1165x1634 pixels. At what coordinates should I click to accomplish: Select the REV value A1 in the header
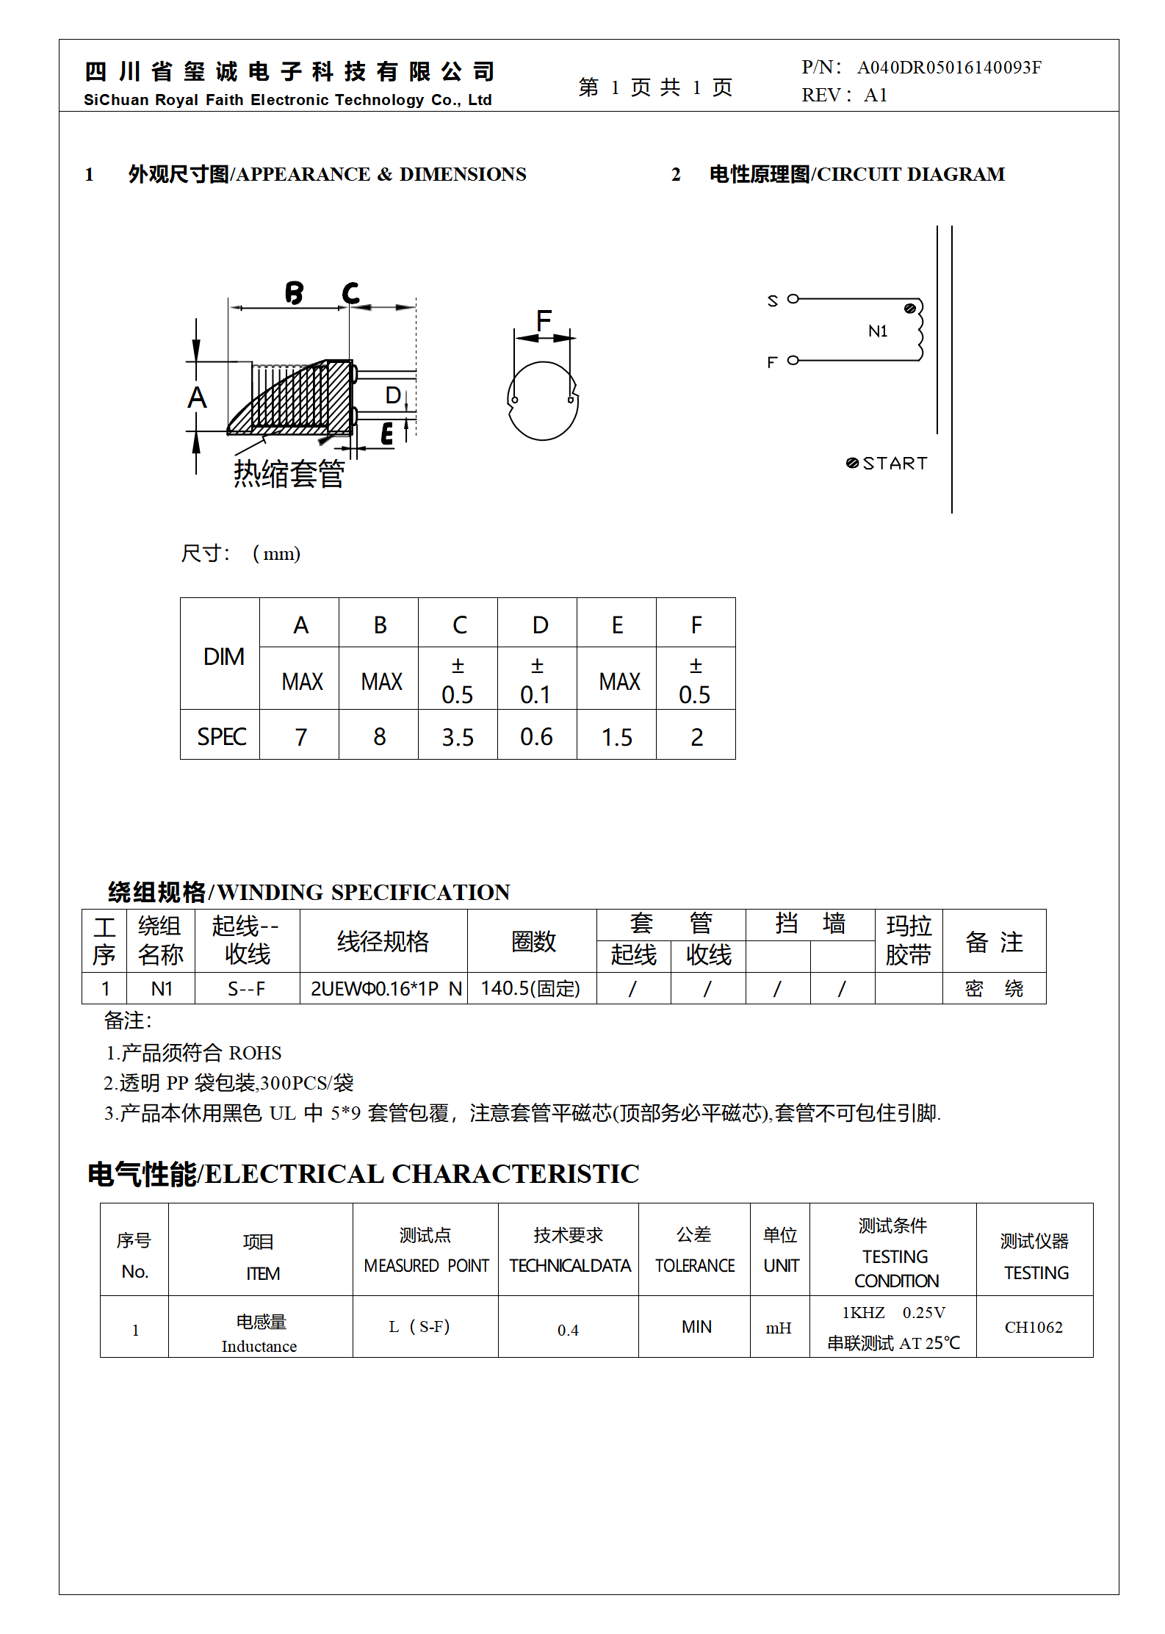point(876,95)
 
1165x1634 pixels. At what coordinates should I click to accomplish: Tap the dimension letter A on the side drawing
point(197,397)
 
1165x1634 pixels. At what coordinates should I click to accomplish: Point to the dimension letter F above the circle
point(544,320)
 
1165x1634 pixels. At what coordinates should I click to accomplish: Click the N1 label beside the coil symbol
point(878,331)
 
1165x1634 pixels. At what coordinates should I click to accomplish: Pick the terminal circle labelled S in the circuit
point(793,299)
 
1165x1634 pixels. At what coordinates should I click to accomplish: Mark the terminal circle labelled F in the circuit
point(793,360)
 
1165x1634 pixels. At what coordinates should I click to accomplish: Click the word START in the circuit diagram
point(895,464)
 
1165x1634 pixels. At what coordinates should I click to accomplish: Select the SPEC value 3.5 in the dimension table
point(458,737)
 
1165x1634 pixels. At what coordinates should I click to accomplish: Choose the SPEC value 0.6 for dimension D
point(537,737)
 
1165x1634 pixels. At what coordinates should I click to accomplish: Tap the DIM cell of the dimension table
point(223,656)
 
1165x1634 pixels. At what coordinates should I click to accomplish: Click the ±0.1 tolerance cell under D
point(537,680)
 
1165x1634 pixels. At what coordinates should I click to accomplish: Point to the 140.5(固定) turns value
point(530,989)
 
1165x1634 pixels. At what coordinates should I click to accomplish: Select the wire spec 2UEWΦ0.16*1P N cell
point(386,989)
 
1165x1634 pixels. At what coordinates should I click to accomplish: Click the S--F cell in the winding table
point(246,989)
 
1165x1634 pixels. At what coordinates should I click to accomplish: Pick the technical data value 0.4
point(568,1330)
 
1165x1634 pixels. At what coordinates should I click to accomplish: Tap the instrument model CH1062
point(1034,1327)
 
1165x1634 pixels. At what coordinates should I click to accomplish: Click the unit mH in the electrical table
point(779,1328)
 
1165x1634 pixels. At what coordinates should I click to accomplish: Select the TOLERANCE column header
point(695,1265)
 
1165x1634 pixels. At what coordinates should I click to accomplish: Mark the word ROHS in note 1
point(255,1053)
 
